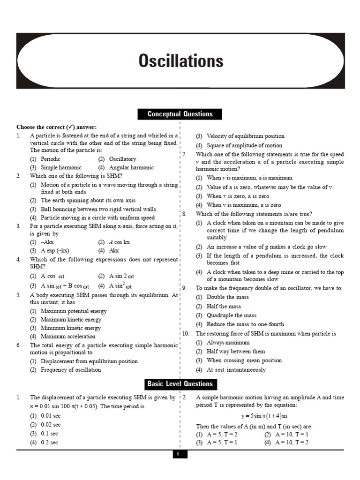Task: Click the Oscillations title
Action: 180,61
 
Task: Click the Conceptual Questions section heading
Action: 180,114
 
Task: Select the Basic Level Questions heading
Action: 180,384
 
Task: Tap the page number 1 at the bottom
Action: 178,454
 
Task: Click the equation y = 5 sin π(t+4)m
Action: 264,416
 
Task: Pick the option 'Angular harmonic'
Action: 131,167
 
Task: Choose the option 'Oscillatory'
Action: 122,159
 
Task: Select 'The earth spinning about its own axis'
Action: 88,200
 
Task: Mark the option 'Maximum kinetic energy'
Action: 71,320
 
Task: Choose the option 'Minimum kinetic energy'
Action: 71,328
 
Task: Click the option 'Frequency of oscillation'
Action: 71,370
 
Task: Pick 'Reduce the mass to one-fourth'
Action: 245,324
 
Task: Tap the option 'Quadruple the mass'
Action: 232,315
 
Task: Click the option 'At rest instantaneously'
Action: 236,370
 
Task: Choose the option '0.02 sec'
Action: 51,425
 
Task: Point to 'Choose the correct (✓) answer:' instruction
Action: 57,127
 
